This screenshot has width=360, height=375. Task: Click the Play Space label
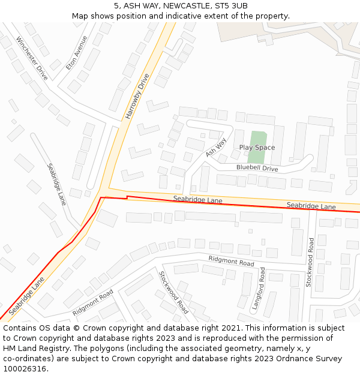click(257, 148)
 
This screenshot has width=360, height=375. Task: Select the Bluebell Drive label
click(257, 169)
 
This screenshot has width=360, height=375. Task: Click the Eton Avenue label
click(77, 53)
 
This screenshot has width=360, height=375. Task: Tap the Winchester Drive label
click(32, 58)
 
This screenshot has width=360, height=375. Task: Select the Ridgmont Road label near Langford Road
click(231, 261)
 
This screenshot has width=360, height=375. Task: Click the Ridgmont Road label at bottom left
click(93, 303)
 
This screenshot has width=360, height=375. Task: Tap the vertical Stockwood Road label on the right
click(310, 262)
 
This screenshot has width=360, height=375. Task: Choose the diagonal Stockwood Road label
click(173, 292)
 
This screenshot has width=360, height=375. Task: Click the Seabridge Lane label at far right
click(311, 206)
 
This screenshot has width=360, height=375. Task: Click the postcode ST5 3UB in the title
click(230, 6)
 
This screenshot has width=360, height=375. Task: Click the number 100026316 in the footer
click(24, 368)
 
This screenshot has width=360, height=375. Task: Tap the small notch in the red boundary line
click(127, 197)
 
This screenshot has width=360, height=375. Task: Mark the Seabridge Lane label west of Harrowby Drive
click(56, 184)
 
